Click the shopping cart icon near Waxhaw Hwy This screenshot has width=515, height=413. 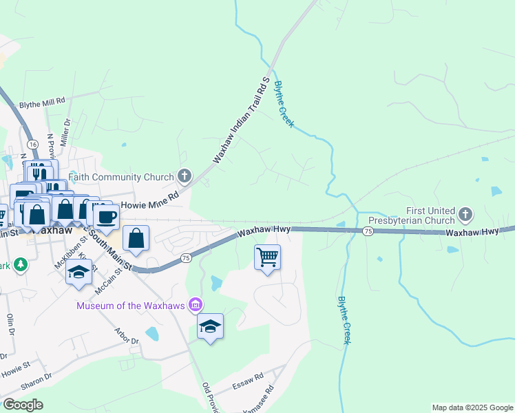click(x=267, y=258)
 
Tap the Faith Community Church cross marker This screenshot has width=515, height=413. click(x=184, y=176)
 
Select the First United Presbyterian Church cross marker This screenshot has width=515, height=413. click(x=465, y=215)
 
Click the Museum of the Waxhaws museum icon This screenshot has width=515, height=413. click(x=196, y=305)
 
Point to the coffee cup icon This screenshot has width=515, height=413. click(x=107, y=217)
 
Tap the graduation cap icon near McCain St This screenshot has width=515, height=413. click(x=79, y=271)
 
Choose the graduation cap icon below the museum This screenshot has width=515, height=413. click(x=210, y=327)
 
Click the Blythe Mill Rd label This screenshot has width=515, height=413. click(x=42, y=101)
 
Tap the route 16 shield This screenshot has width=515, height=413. click(x=32, y=143)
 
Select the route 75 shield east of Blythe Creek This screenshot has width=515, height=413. click(x=368, y=232)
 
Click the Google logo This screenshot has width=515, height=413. click(x=23, y=404)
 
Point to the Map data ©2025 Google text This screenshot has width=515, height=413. click(x=472, y=407)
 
